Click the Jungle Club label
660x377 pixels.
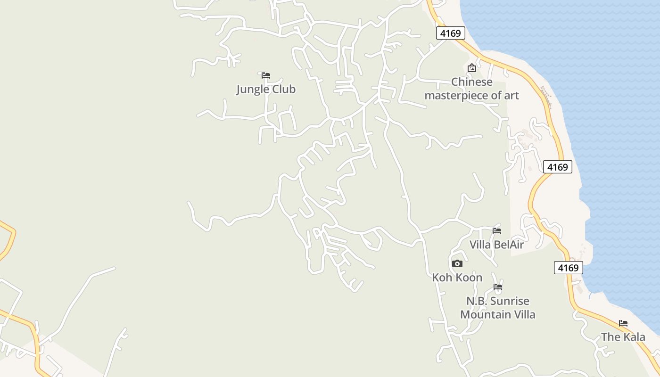pos(266,89)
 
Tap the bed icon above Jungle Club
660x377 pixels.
pos(266,75)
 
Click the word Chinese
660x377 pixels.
pos(471,82)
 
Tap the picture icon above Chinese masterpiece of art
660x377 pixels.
pos(471,68)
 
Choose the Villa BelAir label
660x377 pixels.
pos(496,245)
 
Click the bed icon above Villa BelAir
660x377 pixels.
pos(497,231)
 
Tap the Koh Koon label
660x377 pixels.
pos(457,278)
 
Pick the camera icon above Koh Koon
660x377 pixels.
pos(457,264)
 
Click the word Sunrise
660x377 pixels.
pos(510,301)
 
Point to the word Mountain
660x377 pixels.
pos(484,314)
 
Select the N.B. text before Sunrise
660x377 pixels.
pos(476,301)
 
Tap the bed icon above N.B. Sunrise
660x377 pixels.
pos(498,287)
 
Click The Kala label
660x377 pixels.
pos(623,337)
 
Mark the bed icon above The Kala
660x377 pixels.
pos(623,323)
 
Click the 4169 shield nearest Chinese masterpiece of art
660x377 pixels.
pos(450,33)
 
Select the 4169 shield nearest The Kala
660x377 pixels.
pos(568,268)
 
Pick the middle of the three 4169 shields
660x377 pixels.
pos(557,167)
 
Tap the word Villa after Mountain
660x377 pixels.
pos(523,314)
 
